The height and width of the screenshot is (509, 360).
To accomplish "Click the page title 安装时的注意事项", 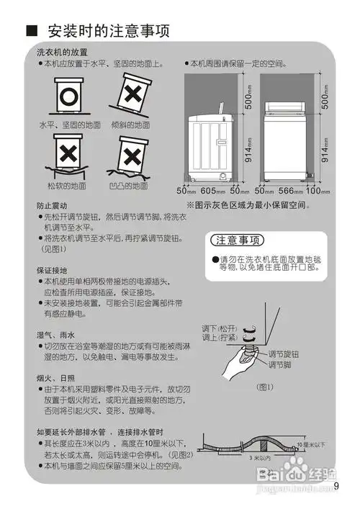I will (x=108, y=32).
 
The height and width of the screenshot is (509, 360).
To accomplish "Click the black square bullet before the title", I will (x=31, y=32).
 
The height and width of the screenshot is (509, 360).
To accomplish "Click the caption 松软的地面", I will (x=66, y=186).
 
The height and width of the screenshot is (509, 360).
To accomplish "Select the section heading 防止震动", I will (x=50, y=205).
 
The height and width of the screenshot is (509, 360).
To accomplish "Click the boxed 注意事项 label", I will (x=238, y=240).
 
